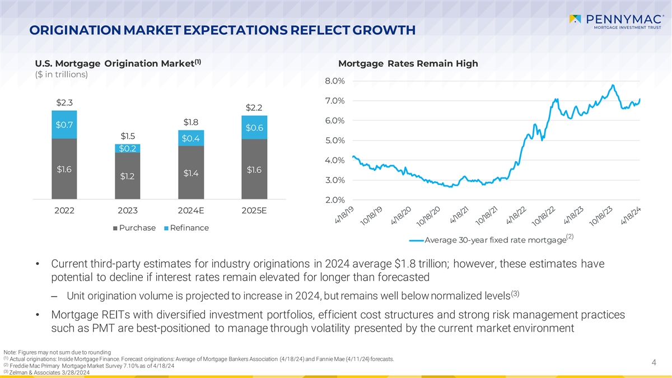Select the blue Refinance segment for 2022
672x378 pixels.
64,124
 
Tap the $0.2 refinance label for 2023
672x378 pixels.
128,148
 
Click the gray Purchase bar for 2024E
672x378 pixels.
191,173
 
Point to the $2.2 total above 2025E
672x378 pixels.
254,108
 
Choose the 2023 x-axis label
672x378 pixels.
128,211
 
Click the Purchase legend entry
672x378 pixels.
134,228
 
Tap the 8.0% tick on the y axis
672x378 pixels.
334,81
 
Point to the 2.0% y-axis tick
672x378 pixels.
334,200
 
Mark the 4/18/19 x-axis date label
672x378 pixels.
344,215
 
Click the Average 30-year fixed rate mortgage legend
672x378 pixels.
493,240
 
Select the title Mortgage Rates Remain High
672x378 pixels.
408,63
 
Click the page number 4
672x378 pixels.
654,363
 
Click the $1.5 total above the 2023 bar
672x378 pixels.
128,136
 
